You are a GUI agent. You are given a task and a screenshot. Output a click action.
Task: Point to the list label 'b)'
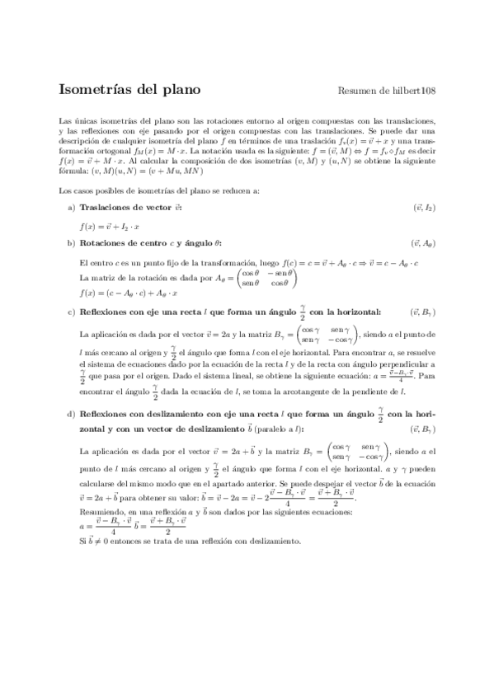click(x=70, y=243)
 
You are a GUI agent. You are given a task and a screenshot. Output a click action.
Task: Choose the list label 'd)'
click(x=70, y=414)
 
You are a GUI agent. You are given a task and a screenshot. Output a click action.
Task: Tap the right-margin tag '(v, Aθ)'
click(x=423, y=243)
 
